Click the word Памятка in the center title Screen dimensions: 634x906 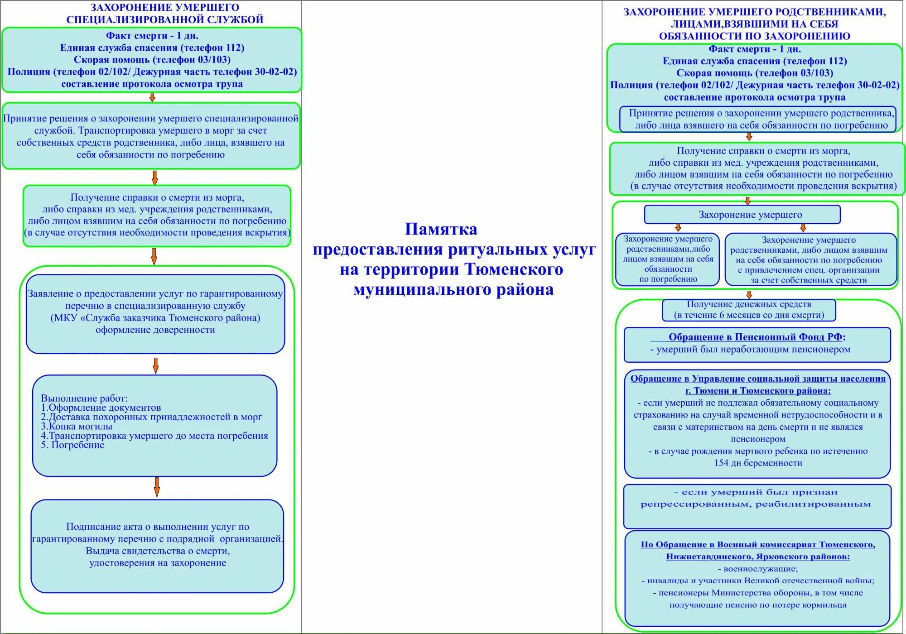tap(441, 230)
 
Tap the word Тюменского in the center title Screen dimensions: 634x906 tap(514, 270)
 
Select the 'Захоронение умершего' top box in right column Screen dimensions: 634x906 tap(742, 215)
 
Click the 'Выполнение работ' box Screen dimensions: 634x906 tap(154, 425)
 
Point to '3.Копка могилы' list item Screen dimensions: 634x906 tap(77, 427)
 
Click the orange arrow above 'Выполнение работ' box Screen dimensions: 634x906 tap(155, 365)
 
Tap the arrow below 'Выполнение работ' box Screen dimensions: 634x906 tap(157, 487)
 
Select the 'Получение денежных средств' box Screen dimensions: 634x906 tap(748, 310)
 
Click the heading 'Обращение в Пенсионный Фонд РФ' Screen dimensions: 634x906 tap(757, 337)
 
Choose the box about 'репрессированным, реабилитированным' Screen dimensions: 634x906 tap(757, 506)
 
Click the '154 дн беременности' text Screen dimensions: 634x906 tap(758, 463)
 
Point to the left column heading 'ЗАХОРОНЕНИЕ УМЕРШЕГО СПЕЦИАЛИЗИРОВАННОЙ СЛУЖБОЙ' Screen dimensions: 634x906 tap(165, 14)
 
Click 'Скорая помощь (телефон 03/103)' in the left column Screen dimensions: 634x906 tap(152, 60)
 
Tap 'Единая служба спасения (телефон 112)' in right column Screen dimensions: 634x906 tap(755, 61)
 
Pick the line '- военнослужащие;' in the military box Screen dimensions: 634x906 tap(758, 569)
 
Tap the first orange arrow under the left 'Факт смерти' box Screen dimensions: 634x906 tap(152, 97)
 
